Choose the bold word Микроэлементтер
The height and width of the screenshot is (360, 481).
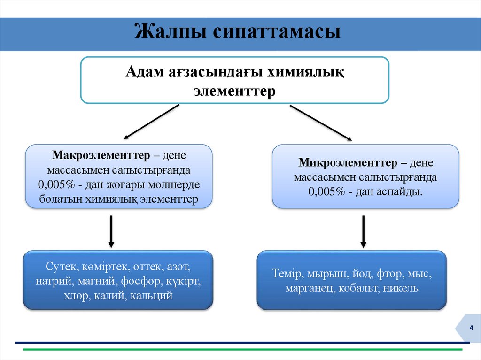click(348, 163)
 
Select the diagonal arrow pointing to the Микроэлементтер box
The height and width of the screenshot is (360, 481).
click(320, 123)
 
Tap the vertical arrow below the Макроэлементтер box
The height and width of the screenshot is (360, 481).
click(111, 231)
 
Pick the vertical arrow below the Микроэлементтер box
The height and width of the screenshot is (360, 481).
click(363, 231)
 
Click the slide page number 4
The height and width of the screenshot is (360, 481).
click(471, 328)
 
